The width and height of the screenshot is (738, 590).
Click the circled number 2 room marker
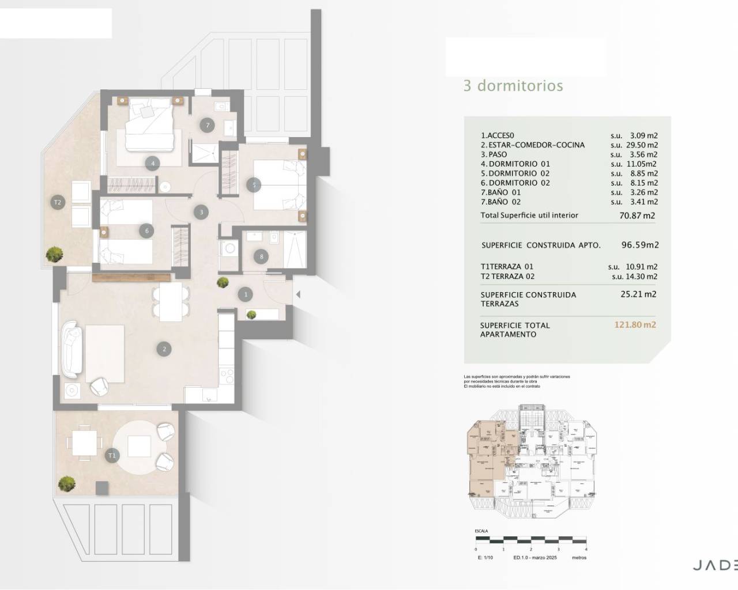pos(164,349)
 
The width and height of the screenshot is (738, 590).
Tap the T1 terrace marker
pos(112,455)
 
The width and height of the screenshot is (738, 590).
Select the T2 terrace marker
pos(57,202)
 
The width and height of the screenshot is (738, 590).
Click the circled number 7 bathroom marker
pos(207,125)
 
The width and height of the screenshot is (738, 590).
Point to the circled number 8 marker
pos(261,256)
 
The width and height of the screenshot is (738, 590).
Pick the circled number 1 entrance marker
pos(246,294)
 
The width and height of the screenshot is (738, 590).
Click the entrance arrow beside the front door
pos(298,294)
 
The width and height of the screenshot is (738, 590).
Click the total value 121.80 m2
pos(635,325)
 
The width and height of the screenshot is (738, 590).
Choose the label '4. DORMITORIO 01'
pos(515,164)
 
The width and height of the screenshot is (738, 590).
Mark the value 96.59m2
pos(640,245)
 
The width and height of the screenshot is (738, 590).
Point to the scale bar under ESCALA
pos(531,540)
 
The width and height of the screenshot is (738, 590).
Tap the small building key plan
pos(530,461)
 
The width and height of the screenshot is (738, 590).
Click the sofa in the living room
pos(71,349)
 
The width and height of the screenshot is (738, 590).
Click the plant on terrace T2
pos(55,253)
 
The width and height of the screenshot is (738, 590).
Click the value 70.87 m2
pos(637,216)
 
